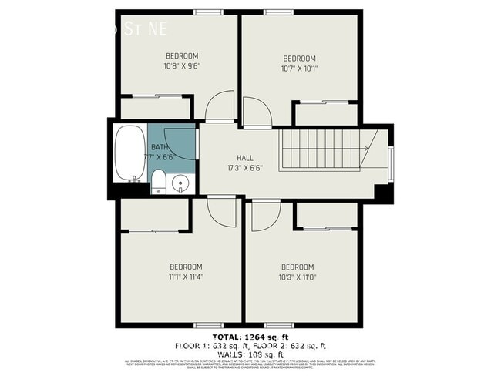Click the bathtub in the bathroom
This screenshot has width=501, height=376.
pyautogui.click(x=129, y=154)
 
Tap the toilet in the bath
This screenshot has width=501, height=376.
pyautogui.click(x=158, y=183)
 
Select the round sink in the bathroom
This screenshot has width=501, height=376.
pyautogui.click(x=180, y=183)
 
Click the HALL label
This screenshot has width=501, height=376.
pyautogui.click(x=245, y=158)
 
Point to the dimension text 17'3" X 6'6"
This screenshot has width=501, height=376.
pyautogui.click(x=245, y=168)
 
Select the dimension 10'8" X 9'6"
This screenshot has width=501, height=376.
pyautogui.click(x=182, y=66)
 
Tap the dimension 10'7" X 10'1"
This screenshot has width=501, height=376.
pyautogui.click(x=299, y=69)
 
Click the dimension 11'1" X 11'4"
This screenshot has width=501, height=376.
pyautogui.click(x=186, y=277)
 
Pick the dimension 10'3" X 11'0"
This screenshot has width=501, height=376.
pyautogui.click(x=298, y=277)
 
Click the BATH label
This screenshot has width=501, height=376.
pyautogui.click(x=159, y=147)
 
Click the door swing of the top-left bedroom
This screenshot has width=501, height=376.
pyautogui.click(x=220, y=106)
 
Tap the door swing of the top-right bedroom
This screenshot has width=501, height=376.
pyautogui.click(x=257, y=112)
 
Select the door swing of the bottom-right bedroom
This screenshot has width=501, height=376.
pyautogui.click(x=265, y=213)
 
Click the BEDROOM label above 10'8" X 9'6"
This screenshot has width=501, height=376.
pyautogui.click(x=182, y=56)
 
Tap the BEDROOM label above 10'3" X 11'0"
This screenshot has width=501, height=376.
pyautogui.click(x=298, y=267)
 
